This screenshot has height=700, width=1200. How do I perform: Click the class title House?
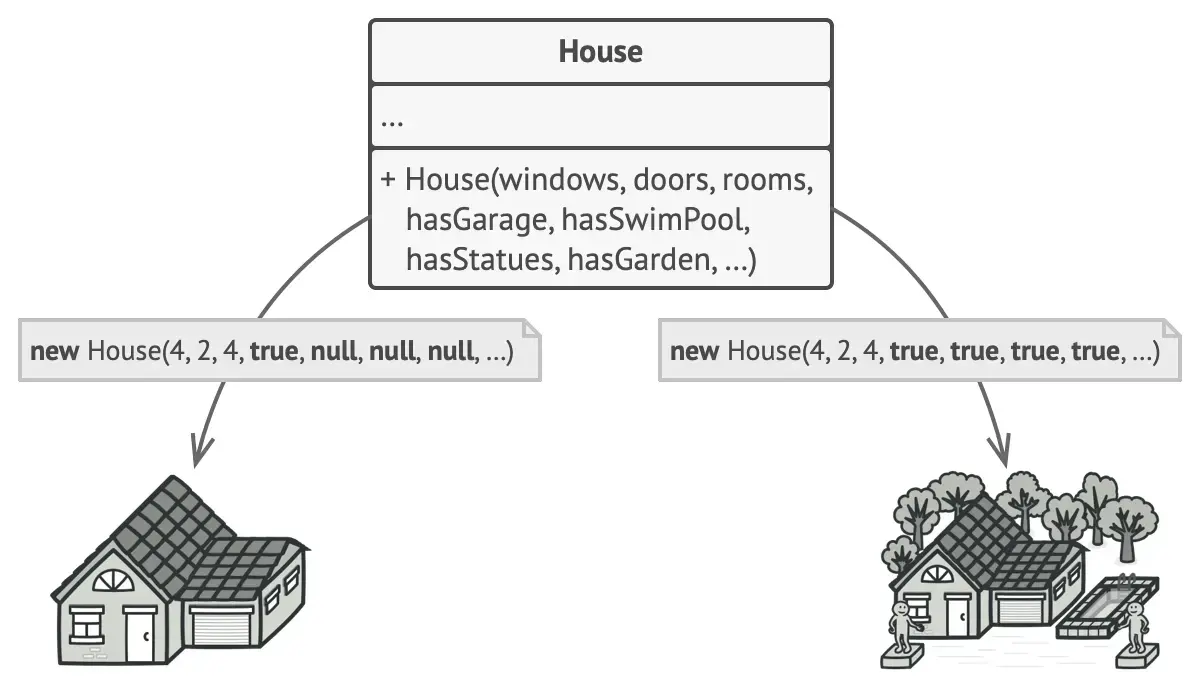coord(600,51)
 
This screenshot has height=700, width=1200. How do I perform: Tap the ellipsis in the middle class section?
coord(392,120)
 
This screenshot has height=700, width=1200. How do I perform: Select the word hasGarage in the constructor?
coord(479,219)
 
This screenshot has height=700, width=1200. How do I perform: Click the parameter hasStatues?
coord(480,260)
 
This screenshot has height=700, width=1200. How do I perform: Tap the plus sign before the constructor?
coord(389,180)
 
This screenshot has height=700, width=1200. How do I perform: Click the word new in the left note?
coord(56,352)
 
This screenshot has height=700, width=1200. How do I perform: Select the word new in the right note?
coord(695,352)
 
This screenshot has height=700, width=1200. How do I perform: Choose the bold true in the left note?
coord(275,352)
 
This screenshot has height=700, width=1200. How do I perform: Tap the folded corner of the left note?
coord(530,328)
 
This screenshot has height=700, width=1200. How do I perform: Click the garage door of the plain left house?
coord(221,629)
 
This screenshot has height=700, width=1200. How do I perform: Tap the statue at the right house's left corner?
coord(902,626)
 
